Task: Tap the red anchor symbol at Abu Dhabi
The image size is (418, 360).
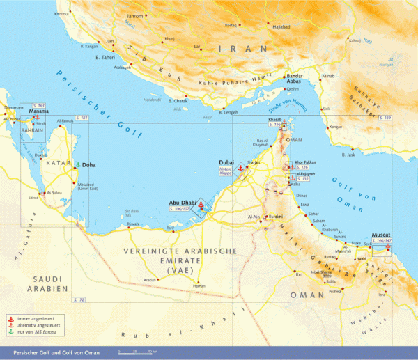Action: pos(200,205)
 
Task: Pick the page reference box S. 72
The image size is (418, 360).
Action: pos(79,299)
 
